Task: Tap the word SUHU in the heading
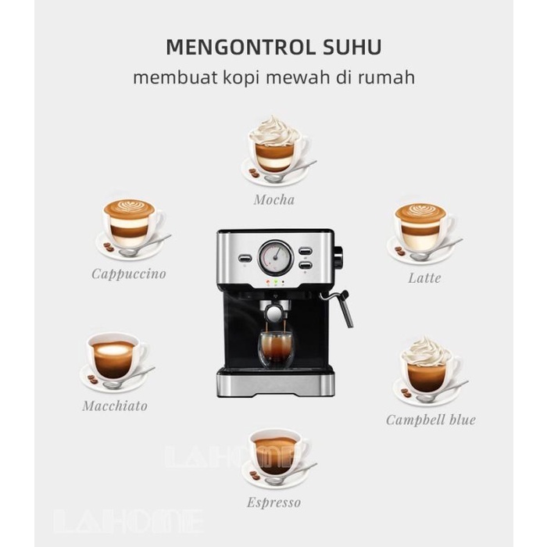352,47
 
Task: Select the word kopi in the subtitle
241,78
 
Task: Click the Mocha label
274,199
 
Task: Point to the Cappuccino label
129,274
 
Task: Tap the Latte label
424,278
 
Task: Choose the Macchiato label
115,406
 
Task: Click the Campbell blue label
431,420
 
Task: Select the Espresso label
273,502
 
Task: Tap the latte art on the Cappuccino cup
130,206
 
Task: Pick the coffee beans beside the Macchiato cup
92,379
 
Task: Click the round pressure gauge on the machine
276,257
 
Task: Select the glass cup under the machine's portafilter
276,349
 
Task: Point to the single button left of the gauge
245,258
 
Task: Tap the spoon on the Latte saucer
436,251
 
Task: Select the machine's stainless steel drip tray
276,384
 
